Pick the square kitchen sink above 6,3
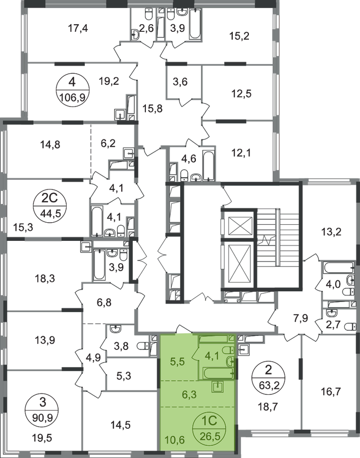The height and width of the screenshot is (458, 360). [218, 388]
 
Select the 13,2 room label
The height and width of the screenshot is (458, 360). [329, 232]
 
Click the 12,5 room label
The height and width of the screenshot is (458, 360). [240, 92]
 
